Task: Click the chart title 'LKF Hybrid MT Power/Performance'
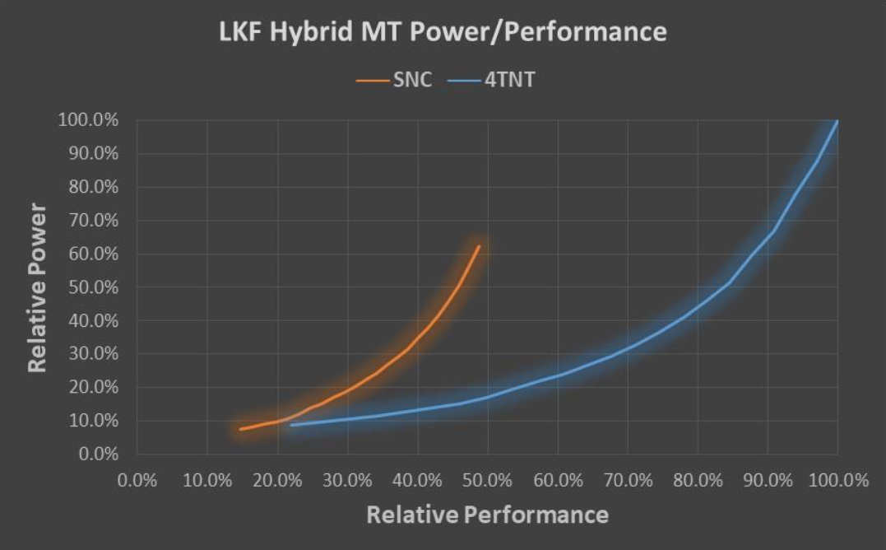443,33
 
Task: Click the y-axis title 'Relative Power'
36,288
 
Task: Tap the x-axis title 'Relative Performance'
487,515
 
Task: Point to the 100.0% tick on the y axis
88,121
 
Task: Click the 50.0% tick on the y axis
91,287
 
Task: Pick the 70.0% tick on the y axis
91,221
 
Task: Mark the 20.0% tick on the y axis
91,387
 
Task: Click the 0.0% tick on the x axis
137,481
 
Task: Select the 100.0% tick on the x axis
837,481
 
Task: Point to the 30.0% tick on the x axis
347,481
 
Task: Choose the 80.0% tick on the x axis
698,481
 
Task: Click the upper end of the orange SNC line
479,246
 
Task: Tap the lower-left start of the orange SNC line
240,429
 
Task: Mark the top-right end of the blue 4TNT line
837,121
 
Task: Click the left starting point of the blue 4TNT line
291,425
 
